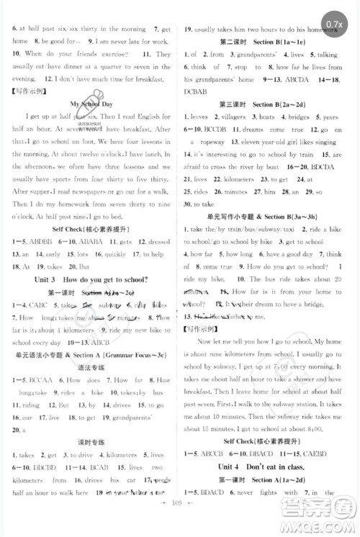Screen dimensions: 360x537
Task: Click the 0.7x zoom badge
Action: point(333,25)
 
